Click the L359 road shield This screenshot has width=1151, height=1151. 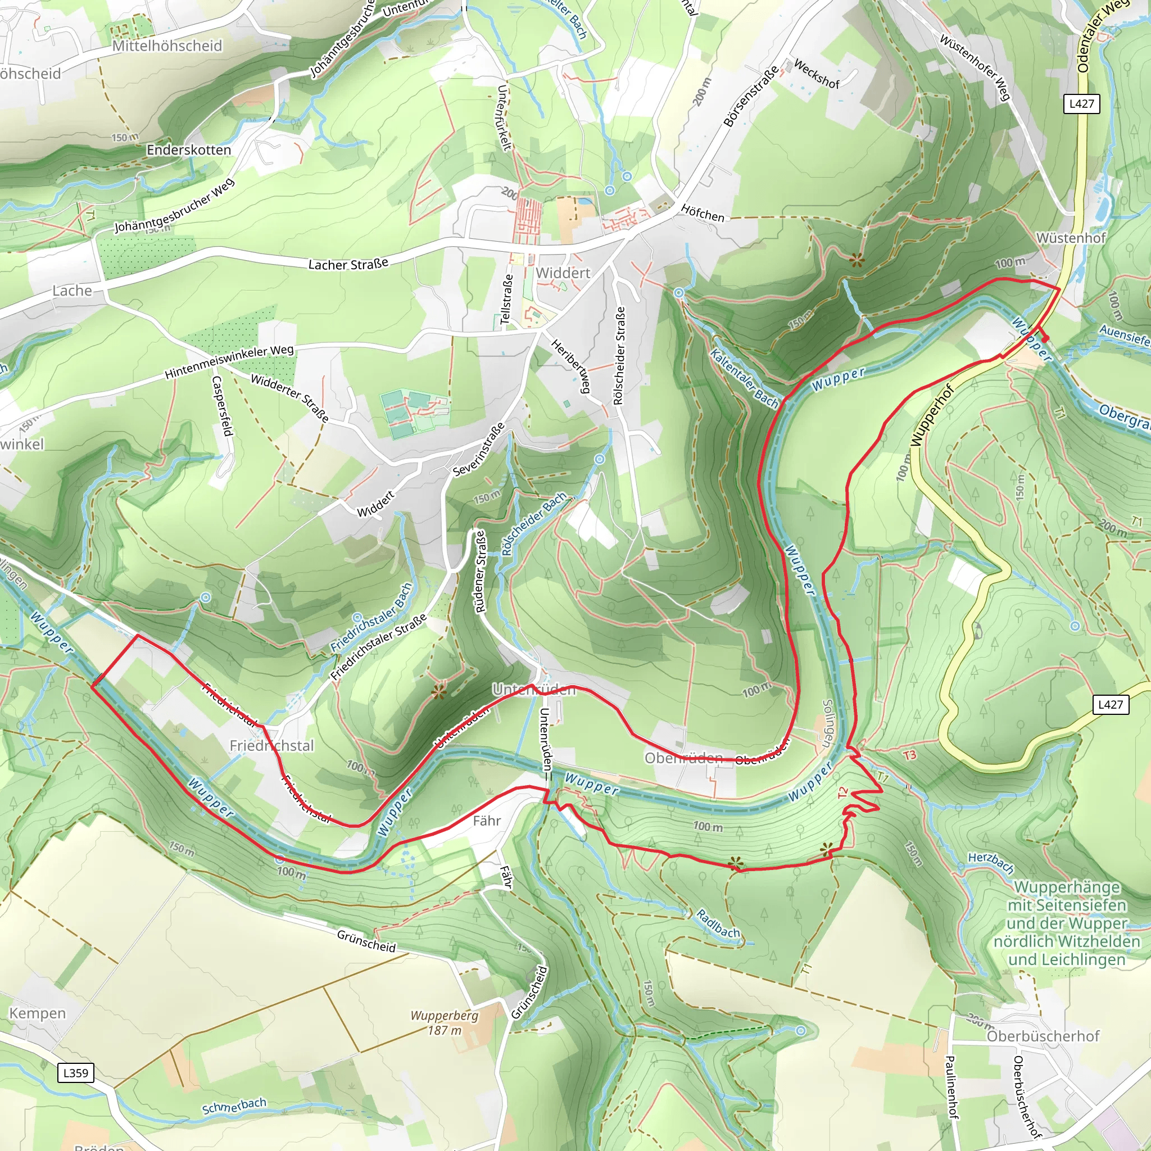[x=76, y=1073]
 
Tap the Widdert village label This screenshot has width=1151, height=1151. [x=563, y=273]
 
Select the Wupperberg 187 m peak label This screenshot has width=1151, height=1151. [x=445, y=1022]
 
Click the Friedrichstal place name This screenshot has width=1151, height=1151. [x=271, y=745]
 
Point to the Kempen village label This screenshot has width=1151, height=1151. [x=38, y=1013]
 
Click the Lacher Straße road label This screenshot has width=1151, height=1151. [x=348, y=264]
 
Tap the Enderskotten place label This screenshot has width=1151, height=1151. [x=189, y=149]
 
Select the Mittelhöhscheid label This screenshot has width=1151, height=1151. [x=167, y=46]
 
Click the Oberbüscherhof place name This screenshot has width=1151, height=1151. [x=1043, y=1036]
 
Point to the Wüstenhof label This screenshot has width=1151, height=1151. [x=1071, y=238]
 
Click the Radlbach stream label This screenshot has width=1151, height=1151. [x=718, y=924]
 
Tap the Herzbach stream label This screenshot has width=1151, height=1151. [x=991, y=862]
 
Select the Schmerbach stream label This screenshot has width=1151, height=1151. [x=234, y=1106]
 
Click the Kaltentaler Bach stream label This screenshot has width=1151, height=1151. [x=744, y=379]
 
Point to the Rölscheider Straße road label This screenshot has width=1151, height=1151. [x=619, y=356]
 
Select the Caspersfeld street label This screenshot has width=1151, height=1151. [x=221, y=406]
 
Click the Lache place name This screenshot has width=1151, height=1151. [x=72, y=291]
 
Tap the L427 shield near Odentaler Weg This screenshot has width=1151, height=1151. [x=1081, y=103]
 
